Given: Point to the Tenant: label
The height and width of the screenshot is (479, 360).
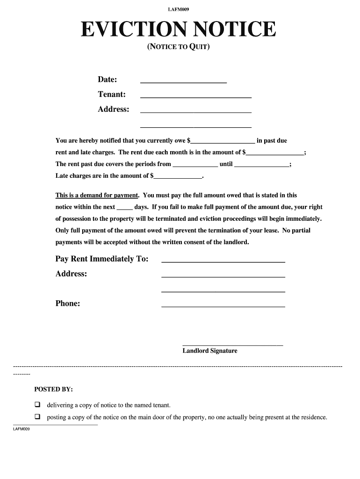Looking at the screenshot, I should tap(111, 94).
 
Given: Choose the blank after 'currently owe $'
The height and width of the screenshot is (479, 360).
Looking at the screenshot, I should tap(223, 140).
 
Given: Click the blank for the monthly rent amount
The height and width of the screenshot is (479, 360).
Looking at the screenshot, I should tap(275, 152).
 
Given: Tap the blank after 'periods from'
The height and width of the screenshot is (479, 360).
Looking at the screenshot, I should tap(195, 165).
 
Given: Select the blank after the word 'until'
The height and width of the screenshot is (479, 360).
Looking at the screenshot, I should tap(261, 165).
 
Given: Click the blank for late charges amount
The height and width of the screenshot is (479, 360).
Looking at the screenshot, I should tap(178, 176).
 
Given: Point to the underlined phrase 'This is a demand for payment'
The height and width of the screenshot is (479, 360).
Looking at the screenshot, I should tap(97, 196).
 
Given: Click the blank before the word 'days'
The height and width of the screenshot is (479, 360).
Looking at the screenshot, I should tap(124, 207).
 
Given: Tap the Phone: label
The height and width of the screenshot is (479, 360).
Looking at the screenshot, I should tap(68, 304).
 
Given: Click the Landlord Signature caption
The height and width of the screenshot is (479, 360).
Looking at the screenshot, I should tap(210, 351).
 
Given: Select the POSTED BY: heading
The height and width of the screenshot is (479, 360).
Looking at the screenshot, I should tap(53, 389).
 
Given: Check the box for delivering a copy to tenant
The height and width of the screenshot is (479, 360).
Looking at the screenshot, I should tap(37, 405).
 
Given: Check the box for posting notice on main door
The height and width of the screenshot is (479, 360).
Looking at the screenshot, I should tap(37, 417).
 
